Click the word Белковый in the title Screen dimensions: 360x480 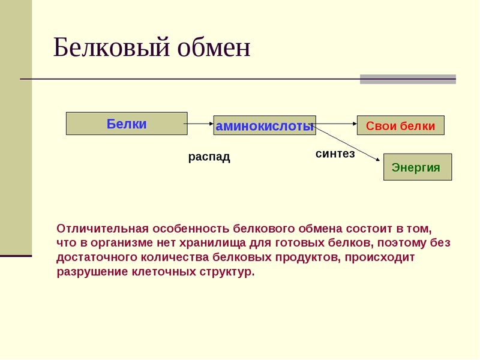(x=111, y=48)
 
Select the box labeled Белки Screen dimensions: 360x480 (x=127, y=124)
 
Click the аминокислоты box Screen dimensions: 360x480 (x=265, y=126)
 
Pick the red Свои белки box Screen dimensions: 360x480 (x=400, y=126)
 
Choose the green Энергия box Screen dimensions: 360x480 (x=417, y=167)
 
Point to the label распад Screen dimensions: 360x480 (x=209, y=157)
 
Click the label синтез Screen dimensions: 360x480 (x=335, y=154)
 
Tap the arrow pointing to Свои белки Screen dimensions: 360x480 (x=336, y=124)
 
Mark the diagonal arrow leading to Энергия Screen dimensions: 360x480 (x=348, y=143)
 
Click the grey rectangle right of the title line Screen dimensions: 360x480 (x=407, y=79)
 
